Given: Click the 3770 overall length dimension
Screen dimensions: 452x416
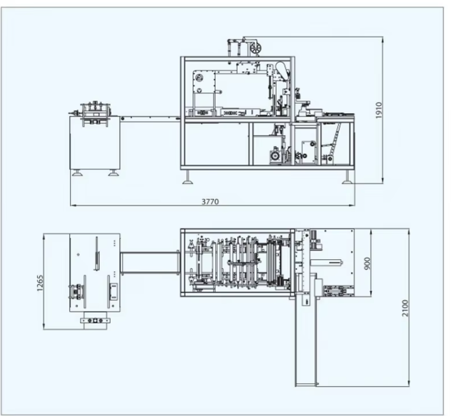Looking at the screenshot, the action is (210, 201).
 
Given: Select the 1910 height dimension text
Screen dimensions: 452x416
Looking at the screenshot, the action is (379, 110).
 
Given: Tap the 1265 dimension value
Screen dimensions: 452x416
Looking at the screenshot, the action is (40, 283).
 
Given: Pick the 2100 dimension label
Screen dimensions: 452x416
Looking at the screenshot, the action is (405, 308).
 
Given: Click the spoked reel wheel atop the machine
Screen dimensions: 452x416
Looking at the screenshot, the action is (256, 47).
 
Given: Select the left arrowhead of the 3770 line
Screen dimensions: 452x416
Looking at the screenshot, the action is (73, 206).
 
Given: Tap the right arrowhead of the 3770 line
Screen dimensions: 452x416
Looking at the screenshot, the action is (352, 206).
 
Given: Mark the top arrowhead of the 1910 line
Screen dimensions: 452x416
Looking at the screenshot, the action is (383, 40).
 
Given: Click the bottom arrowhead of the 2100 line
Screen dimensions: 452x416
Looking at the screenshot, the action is (408, 383).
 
